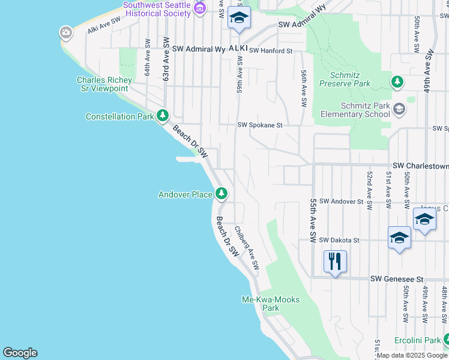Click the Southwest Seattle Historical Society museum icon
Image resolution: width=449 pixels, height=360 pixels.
[x=200, y=7]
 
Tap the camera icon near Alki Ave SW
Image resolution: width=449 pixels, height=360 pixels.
[x=66, y=32]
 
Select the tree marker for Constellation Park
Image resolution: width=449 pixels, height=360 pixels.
[x=162, y=115]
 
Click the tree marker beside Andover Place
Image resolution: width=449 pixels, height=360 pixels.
[x=222, y=193]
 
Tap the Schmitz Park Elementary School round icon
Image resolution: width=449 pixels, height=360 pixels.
[x=400, y=109]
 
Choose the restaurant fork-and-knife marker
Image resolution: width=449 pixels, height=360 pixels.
[x=334, y=261]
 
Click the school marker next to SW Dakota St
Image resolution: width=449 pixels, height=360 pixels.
[x=399, y=238]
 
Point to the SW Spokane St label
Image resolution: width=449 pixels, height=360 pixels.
[x=260, y=125]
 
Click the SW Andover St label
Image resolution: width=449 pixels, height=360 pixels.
[x=341, y=202]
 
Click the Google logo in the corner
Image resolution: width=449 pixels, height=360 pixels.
[x=20, y=353]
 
